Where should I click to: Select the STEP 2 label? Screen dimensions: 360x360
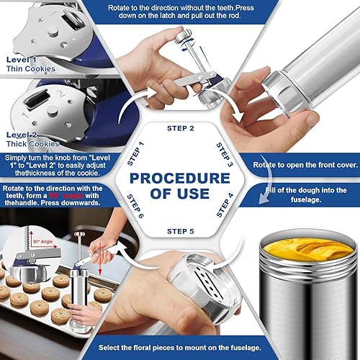click(x=181, y=128)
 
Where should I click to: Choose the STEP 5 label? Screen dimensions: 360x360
click(x=180, y=231)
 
